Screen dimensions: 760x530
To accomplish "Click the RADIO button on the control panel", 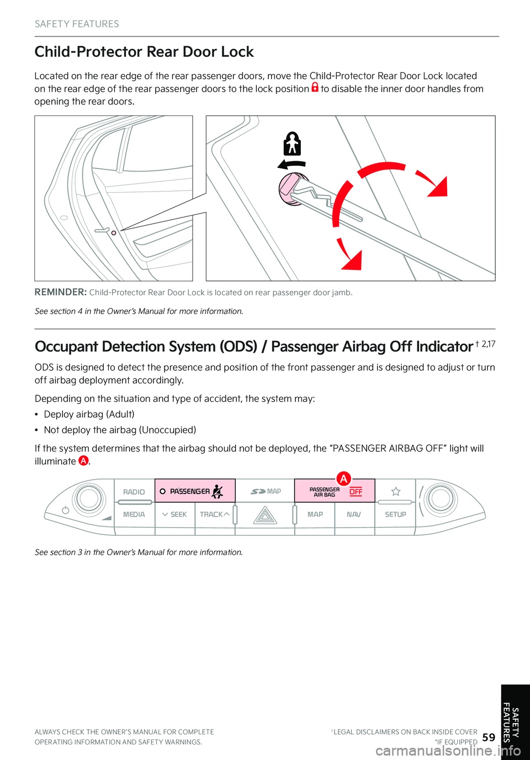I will pos(134,492).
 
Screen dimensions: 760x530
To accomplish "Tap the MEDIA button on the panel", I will pos(134,514).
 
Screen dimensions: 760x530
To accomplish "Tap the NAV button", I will pos(354,514).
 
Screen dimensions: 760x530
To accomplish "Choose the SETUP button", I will pos(395,514).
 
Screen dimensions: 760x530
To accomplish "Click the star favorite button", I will pos(396,491).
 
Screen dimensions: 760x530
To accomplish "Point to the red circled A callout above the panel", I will pos(343,479).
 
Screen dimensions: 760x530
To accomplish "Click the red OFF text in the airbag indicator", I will pos(356,491).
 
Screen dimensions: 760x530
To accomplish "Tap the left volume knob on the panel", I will pos(88,498).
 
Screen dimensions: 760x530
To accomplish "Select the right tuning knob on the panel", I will pos(441,498).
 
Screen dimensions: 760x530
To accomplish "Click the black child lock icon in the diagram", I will pos(292,144).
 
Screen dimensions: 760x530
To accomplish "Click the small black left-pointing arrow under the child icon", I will pos(291,164).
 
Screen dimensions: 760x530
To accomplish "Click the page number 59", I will pos(489,737).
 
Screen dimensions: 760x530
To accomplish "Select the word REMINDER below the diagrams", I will pos(60,292).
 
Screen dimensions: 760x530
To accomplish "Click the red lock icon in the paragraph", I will pos(315,87).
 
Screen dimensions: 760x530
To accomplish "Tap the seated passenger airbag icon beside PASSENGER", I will pos(218,491).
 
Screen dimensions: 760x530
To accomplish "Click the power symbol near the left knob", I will pos(66,510).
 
